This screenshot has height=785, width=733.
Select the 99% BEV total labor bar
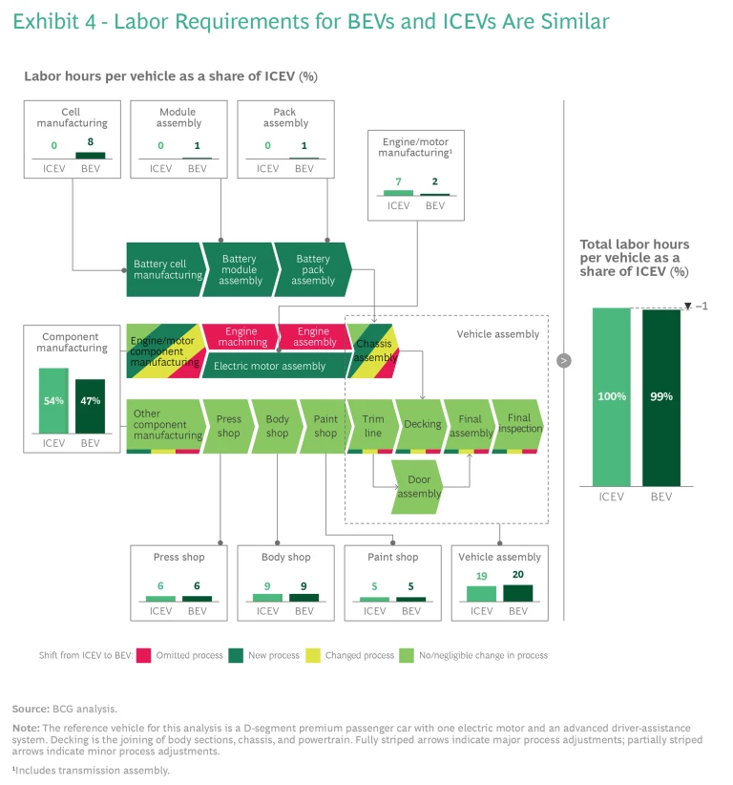coord(661,395)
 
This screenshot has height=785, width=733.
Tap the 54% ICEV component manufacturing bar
coord(53,401)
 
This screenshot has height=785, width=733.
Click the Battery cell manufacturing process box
coord(167,269)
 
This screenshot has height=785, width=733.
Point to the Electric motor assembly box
coord(270,366)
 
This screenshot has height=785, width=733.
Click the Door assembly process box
coord(419,487)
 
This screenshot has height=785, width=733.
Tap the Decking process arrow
coord(421,424)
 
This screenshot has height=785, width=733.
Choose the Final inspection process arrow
coord(518,424)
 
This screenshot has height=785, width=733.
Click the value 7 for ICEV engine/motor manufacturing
coord(399,181)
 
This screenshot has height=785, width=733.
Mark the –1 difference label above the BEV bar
coord(702,306)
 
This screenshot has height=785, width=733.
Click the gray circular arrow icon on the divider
coord(564,360)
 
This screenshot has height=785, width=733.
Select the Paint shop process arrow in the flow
coord(325,426)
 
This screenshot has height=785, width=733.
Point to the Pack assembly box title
coord(285,117)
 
